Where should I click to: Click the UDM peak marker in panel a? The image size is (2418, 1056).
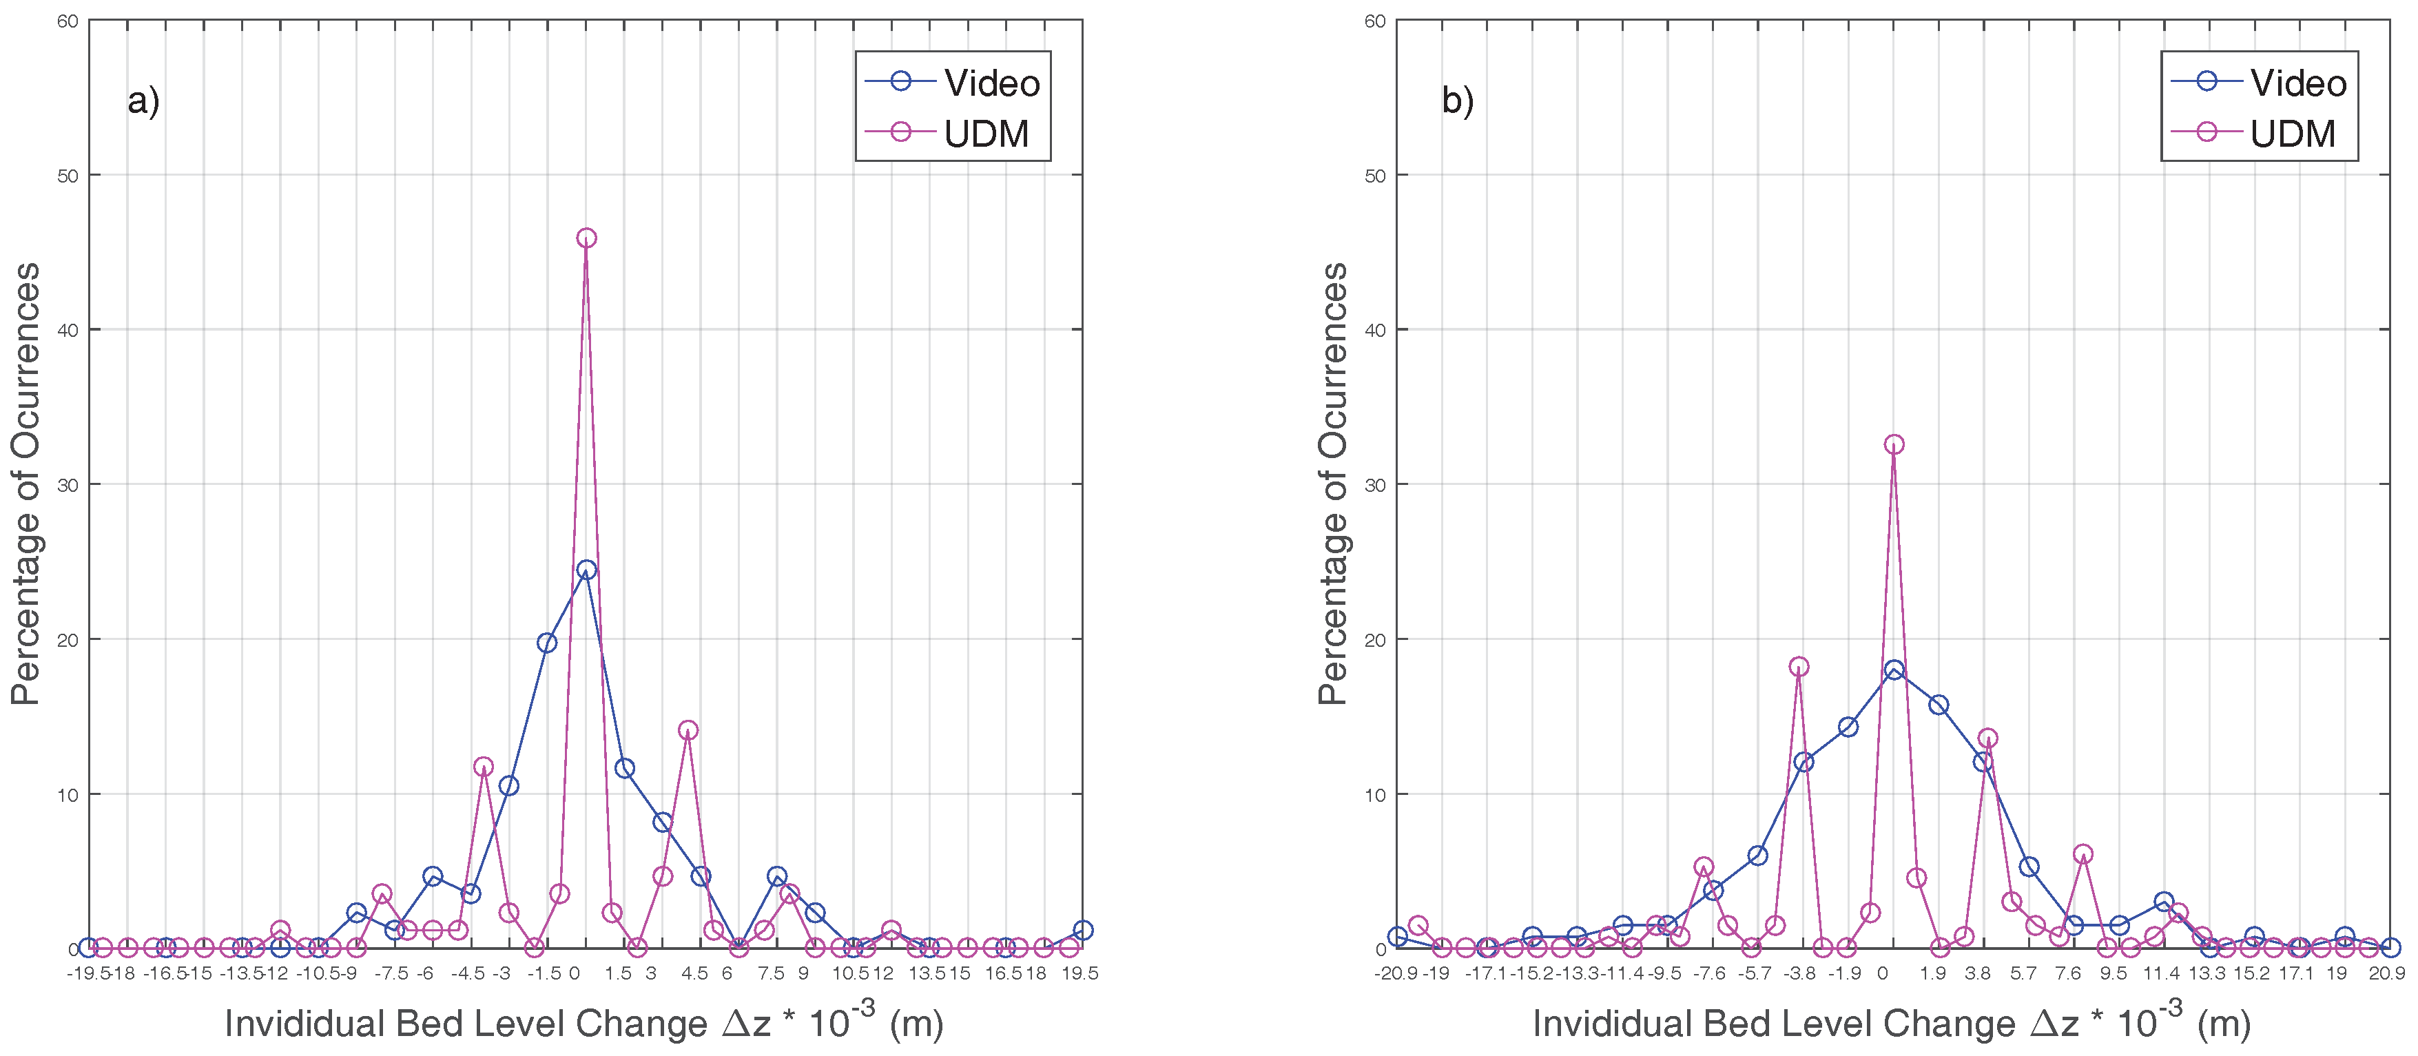click(x=586, y=238)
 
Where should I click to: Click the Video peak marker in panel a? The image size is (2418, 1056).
click(x=586, y=570)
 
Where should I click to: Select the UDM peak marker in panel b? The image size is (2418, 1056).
click(x=1893, y=444)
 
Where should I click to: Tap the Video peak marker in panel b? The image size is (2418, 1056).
click(x=1893, y=670)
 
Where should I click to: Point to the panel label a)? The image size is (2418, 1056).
click(x=143, y=101)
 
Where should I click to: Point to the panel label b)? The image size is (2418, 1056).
click(x=1457, y=101)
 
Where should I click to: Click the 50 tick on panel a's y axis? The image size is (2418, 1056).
click(x=67, y=176)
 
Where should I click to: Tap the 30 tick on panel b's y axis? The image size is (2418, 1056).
click(x=1374, y=485)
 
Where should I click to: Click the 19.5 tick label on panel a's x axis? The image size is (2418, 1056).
click(x=1079, y=973)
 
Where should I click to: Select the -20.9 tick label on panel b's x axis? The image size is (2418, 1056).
click(x=1395, y=973)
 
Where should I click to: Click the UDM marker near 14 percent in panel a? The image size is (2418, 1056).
click(x=688, y=730)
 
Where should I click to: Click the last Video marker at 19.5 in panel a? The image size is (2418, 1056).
click(x=1082, y=930)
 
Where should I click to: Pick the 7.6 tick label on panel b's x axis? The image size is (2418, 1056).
click(x=2068, y=973)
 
